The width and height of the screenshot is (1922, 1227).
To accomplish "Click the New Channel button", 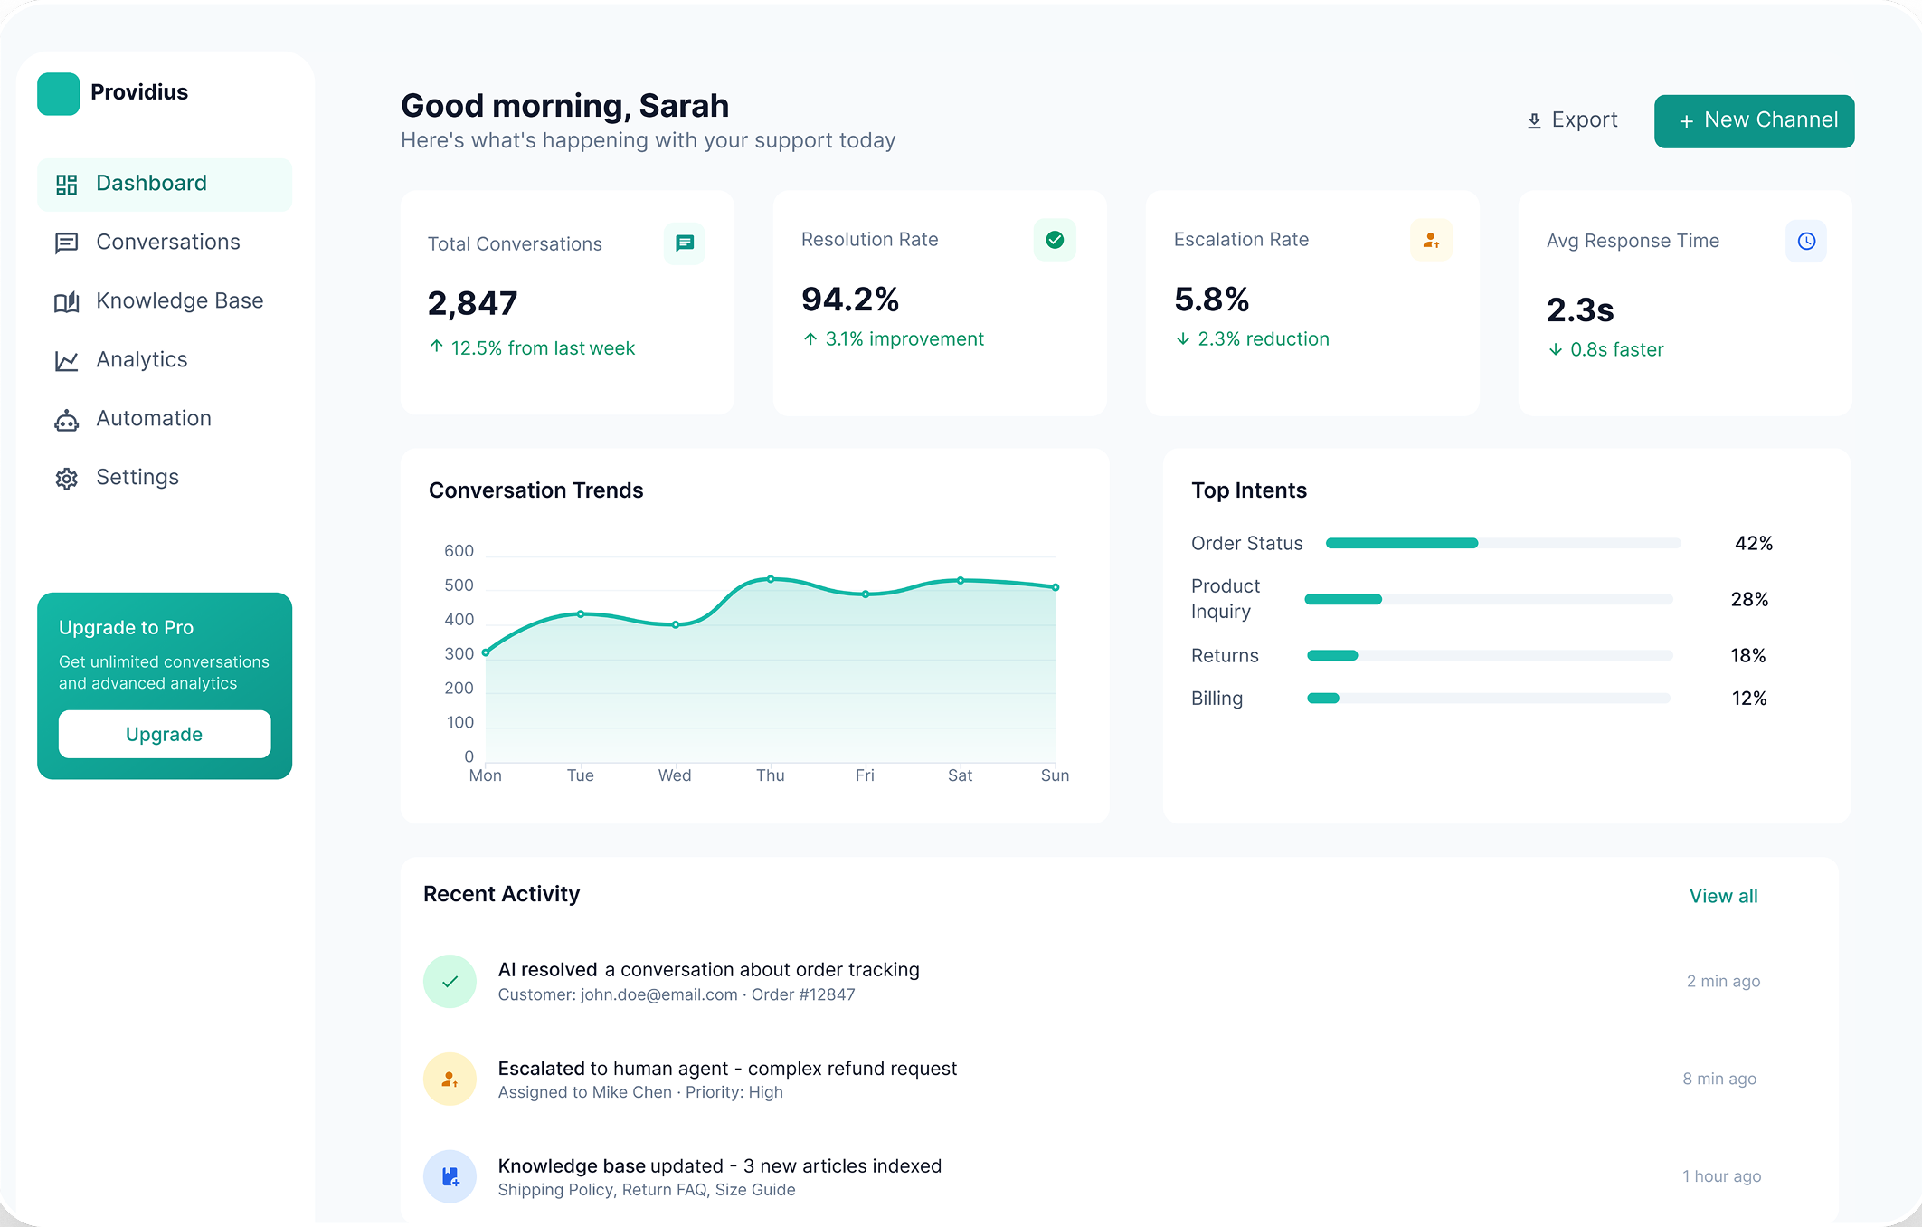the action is click(1754, 120).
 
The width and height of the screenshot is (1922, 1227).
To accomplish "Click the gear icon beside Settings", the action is click(66, 479).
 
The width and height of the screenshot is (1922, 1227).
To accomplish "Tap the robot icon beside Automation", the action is click(66, 420).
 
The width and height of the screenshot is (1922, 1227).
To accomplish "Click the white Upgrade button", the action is click(165, 734).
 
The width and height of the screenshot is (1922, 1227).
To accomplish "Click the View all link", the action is click(1723, 896).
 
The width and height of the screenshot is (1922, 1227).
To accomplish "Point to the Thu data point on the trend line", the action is click(771, 578).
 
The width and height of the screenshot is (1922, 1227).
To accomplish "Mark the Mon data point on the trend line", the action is click(486, 652).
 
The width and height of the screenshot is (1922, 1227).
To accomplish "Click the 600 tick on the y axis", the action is click(459, 551).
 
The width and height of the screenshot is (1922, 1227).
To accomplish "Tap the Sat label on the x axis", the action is click(960, 775).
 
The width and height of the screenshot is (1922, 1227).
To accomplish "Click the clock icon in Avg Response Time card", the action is click(1805, 242).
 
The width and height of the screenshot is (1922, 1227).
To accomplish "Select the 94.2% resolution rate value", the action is click(850, 299).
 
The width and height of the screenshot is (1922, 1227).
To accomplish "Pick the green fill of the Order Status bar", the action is click(1402, 543).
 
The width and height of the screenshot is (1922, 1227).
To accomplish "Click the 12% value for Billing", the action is click(1749, 699).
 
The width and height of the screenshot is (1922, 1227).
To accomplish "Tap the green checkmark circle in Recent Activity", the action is click(450, 981).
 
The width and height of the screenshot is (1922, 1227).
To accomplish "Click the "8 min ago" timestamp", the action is click(1719, 1079).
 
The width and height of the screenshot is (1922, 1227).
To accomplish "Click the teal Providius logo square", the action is click(59, 94).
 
